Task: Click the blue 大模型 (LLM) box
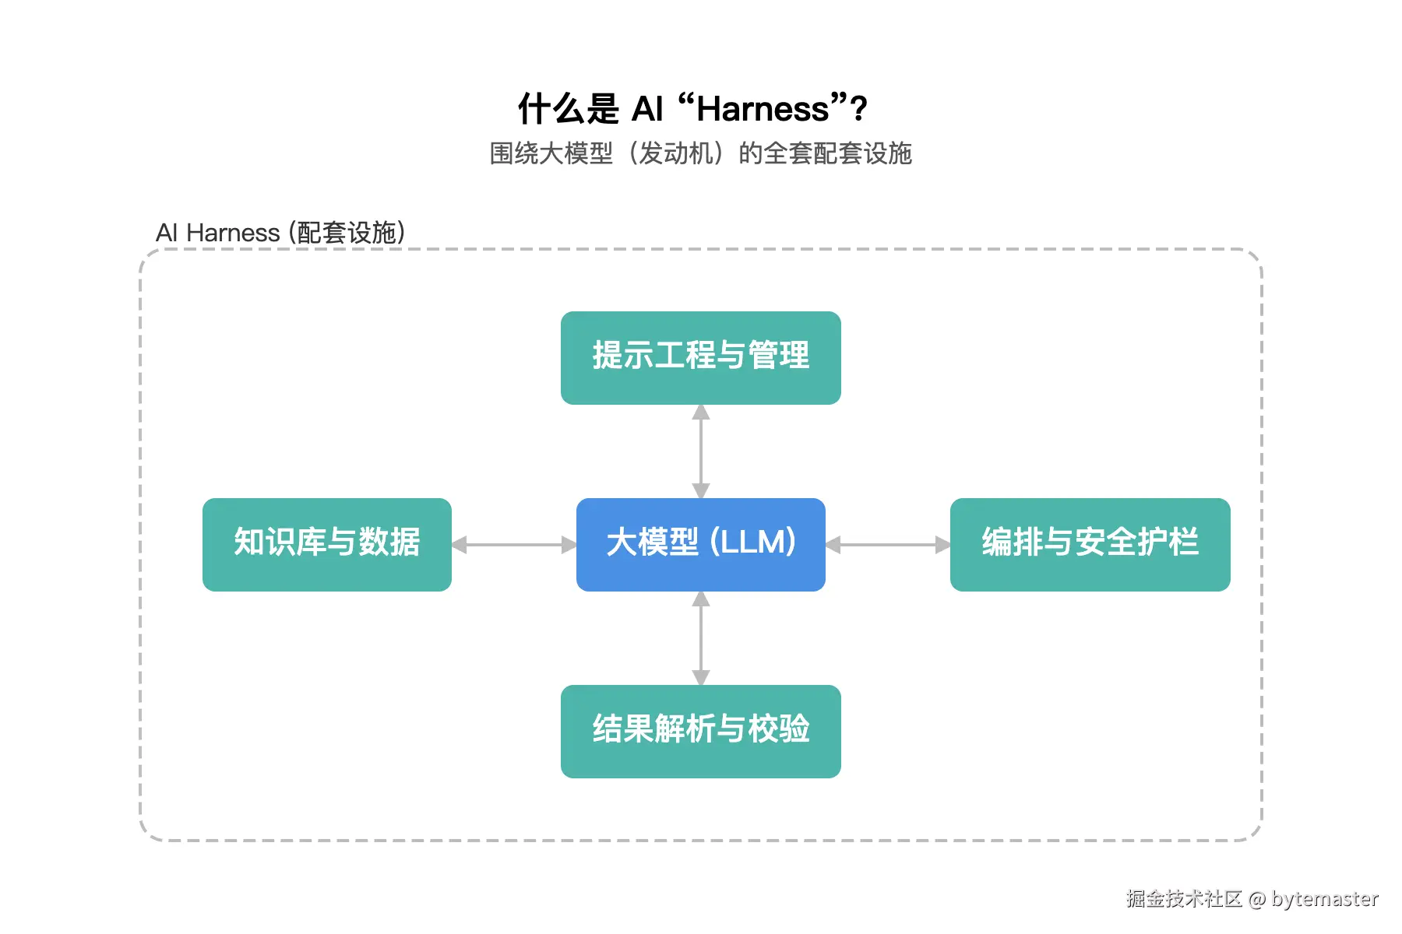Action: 700,544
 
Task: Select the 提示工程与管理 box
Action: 700,357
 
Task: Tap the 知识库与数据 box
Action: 326,544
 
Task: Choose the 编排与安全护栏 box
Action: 1090,544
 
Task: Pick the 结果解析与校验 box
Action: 700,731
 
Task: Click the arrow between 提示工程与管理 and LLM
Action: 701,451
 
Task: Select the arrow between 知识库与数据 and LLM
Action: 514,545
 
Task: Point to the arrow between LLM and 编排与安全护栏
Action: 888,545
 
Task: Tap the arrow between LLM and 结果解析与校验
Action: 701,638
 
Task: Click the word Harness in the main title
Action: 763,110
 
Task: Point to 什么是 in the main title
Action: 568,110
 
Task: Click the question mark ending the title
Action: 859,110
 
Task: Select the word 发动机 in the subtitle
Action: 676,153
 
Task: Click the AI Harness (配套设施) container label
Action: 280,233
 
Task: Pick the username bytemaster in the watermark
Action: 1325,899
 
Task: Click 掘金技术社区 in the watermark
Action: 1184,899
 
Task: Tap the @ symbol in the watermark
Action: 1256,900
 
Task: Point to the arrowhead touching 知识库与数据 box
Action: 460,545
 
